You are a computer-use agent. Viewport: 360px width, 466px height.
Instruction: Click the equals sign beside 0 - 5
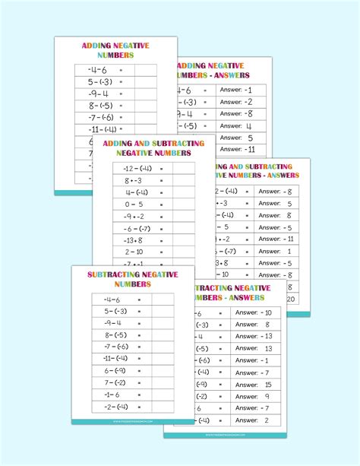[x=161, y=204]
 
